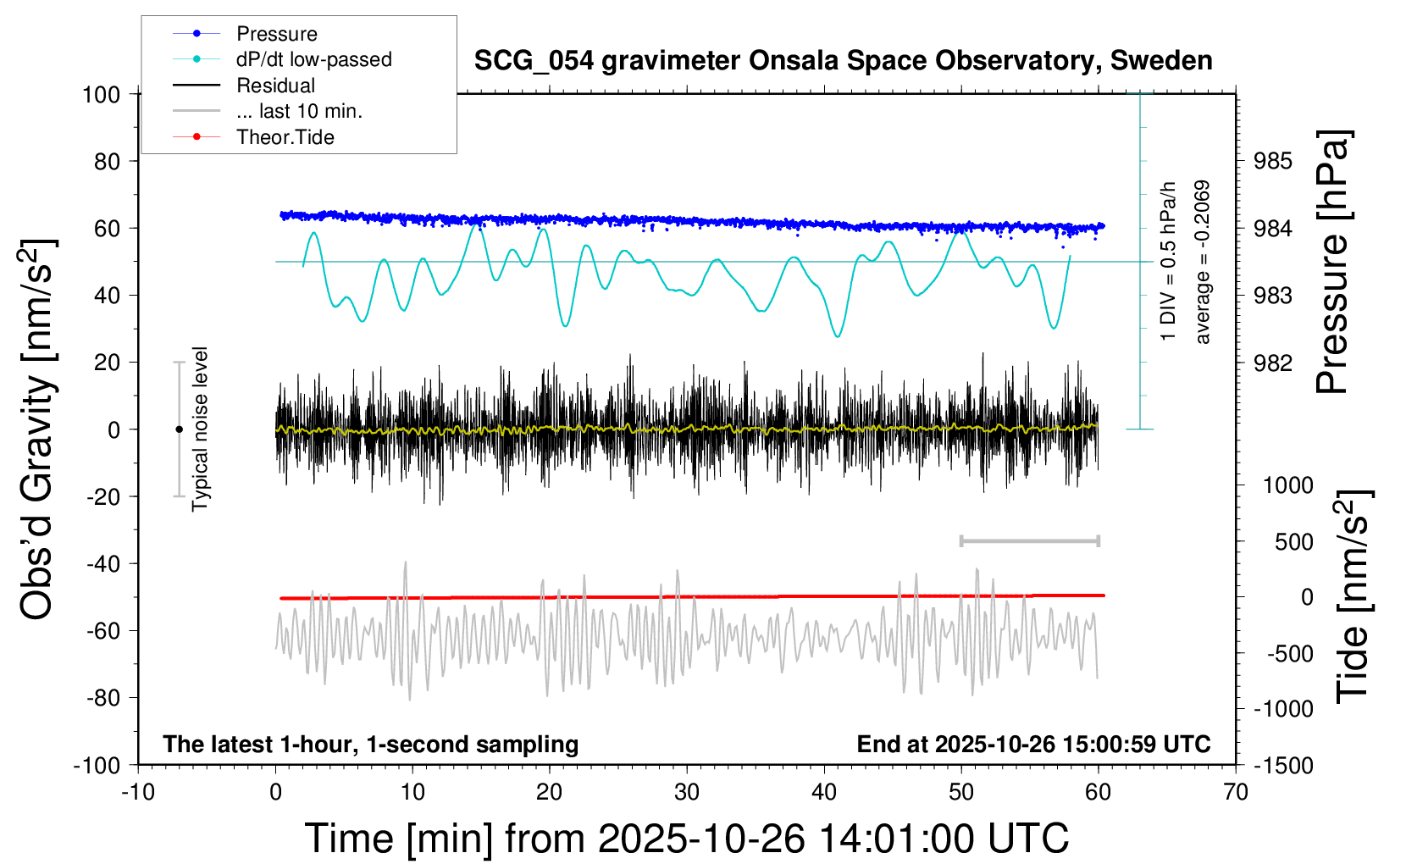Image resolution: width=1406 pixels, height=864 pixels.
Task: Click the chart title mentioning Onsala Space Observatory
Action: coord(843,61)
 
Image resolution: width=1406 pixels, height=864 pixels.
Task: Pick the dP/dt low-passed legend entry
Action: coord(313,59)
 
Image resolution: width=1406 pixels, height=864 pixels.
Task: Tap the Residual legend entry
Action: coord(275,86)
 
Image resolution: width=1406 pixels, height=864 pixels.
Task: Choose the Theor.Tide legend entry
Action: coord(285,137)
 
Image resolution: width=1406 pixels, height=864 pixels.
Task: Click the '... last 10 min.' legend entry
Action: coord(299,111)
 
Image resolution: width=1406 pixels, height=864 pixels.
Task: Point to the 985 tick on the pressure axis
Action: coord(1273,161)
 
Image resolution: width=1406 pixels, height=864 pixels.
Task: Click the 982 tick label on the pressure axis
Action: coord(1273,363)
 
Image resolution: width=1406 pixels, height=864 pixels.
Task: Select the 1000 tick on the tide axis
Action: coord(1287,485)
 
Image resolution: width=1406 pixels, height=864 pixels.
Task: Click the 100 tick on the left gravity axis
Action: coord(101,94)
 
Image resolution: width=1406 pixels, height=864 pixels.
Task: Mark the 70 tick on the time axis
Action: coord(1236,793)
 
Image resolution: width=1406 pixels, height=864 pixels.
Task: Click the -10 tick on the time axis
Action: coord(138,793)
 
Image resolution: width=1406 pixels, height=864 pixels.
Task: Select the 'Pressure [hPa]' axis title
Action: coord(1332,263)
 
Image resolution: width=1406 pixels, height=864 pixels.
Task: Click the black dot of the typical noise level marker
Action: coord(179,429)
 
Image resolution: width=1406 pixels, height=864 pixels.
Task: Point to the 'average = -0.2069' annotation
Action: coord(1203,262)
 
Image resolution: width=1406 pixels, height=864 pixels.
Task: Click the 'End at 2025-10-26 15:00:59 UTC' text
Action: coord(1033,745)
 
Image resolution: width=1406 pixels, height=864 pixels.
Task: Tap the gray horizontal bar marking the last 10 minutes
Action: coord(1029,540)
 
